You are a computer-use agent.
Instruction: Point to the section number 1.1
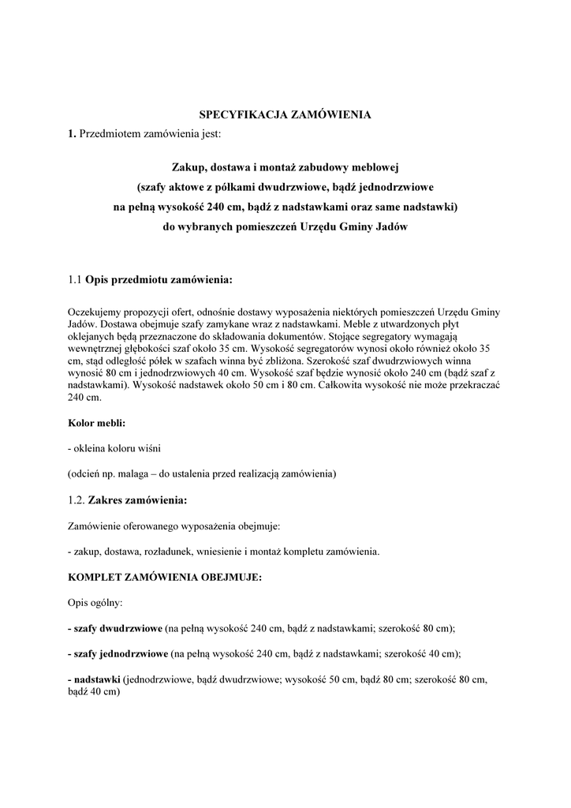(x=75, y=279)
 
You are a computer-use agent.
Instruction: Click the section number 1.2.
(x=77, y=499)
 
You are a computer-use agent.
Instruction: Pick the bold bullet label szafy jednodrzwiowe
(x=121, y=653)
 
